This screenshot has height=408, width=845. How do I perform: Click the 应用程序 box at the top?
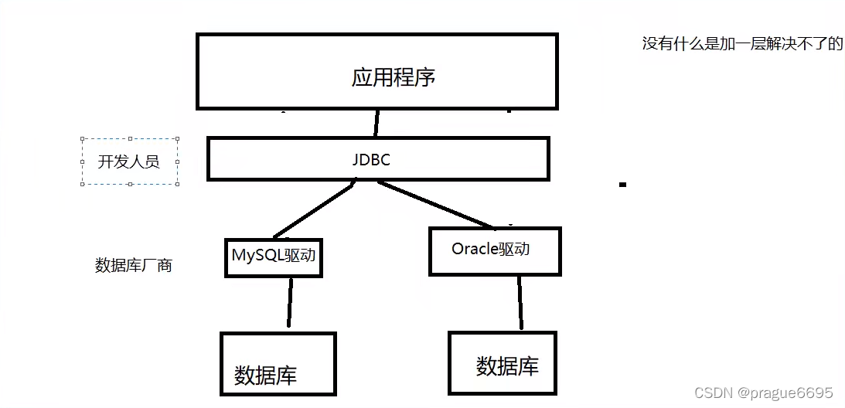[377, 72]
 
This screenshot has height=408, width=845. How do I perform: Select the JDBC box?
[378, 158]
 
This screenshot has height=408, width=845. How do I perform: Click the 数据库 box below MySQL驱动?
[278, 363]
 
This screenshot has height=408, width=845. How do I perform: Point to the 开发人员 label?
[129, 162]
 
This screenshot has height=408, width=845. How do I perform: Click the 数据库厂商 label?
[133, 266]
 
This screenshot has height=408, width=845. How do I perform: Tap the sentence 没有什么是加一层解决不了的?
[742, 43]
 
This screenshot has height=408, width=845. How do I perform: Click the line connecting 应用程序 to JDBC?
[377, 123]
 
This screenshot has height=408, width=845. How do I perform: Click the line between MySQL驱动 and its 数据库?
[290, 302]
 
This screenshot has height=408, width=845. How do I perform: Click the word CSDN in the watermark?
[713, 393]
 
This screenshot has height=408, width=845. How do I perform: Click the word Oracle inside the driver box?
[473, 250]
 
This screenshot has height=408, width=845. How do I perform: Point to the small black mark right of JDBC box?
[622, 185]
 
